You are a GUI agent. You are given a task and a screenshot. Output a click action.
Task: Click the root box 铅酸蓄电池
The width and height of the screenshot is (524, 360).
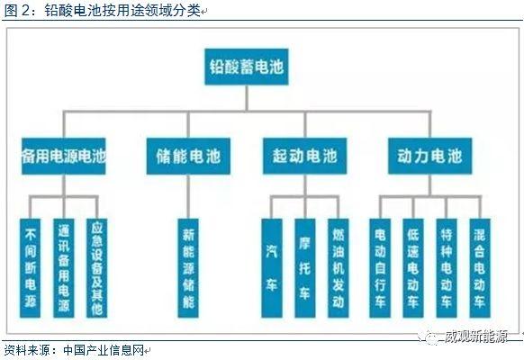click(x=247, y=67)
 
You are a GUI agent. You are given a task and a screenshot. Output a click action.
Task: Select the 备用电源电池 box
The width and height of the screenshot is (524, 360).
click(x=64, y=156)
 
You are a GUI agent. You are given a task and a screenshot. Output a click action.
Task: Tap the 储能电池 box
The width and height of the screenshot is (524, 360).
click(x=188, y=156)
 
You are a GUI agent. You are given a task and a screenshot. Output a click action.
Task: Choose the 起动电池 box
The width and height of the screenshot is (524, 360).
click(x=305, y=156)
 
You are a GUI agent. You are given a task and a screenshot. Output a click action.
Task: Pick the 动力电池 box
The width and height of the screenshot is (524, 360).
click(x=429, y=156)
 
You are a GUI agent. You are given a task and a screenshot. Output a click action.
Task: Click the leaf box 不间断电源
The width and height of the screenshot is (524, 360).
click(x=30, y=268)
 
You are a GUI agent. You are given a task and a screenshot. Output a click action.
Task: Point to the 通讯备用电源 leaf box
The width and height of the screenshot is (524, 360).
click(x=64, y=268)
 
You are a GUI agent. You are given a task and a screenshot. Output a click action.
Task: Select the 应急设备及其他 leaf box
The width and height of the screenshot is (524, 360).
click(x=97, y=268)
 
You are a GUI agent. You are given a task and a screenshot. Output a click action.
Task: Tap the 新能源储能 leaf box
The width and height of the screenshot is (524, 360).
click(x=188, y=268)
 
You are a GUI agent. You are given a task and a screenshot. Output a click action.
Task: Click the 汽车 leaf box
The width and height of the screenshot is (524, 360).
click(x=272, y=268)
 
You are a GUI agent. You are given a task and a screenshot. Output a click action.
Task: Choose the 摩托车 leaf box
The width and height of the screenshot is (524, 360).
click(x=305, y=268)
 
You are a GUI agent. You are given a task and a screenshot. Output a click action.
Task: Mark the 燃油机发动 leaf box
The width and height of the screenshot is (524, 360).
click(x=339, y=268)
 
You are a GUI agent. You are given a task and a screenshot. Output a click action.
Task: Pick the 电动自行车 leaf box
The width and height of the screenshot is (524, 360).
click(x=380, y=268)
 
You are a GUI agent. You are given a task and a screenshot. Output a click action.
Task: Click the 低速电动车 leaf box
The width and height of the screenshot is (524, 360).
click(x=413, y=268)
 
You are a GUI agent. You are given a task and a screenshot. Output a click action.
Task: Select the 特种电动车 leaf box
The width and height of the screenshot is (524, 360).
click(x=447, y=268)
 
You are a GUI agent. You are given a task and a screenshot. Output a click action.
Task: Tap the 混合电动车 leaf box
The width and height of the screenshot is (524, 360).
click(x=480, y=268)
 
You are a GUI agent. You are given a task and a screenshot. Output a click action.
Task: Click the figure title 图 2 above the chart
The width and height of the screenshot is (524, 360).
click(x=17, y=11)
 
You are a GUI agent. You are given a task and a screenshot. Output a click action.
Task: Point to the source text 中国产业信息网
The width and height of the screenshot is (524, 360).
click(x=104, y=350)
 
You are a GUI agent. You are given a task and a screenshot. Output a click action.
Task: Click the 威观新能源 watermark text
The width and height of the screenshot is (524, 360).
click(x=476, y=337)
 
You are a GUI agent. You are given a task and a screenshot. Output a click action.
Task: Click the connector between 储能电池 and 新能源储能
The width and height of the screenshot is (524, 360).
click(x=188, y=196)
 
